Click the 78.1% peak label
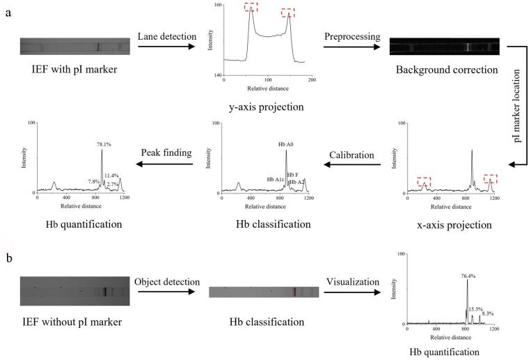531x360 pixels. (x=104, y=144)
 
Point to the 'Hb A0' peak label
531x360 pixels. (x=286, y=144)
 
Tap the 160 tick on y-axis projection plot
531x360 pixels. (x=217, y=6)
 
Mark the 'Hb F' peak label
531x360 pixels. (x=293, y=175)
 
